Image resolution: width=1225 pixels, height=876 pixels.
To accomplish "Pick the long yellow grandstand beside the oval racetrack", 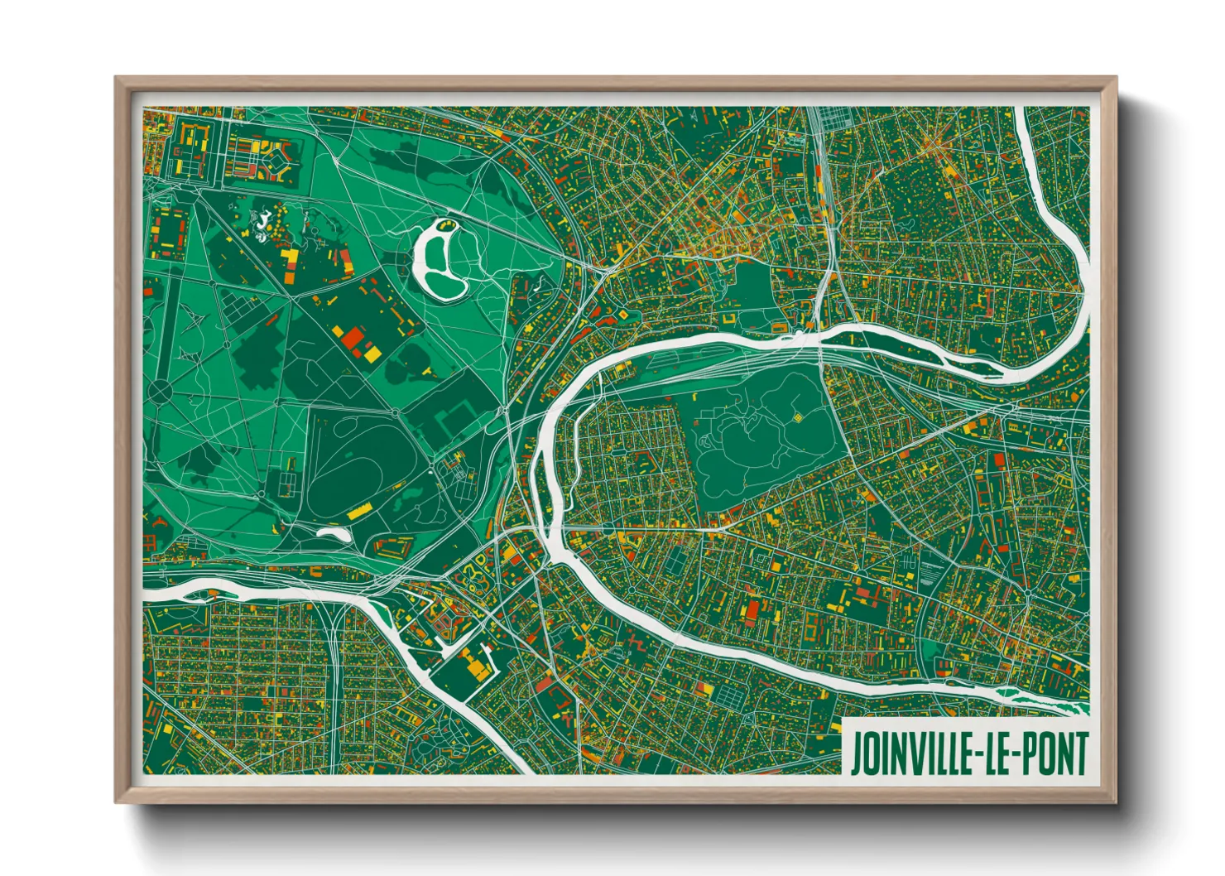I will [360, 513].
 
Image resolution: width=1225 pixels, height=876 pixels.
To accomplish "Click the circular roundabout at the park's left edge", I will [159, 391].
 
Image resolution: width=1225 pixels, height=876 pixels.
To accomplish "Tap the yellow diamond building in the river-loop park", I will [798, 418].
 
